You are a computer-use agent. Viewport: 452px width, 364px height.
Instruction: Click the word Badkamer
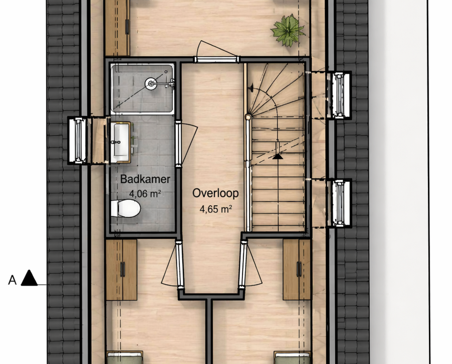click(145, 179)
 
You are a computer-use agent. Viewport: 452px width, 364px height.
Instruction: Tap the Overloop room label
click(215, 193)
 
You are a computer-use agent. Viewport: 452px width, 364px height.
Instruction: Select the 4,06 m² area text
click(145, 194)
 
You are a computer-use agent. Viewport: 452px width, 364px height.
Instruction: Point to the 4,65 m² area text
click(216, 209)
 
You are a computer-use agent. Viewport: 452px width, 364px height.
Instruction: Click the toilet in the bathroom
click(126, 208)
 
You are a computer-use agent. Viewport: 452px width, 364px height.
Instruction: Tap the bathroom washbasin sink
click(121, 142)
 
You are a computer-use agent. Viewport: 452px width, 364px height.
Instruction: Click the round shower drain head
click(150, 83)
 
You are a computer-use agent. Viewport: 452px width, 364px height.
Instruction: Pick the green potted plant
click(288, 31)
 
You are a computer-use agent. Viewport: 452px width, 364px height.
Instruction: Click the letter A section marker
click(12, 280)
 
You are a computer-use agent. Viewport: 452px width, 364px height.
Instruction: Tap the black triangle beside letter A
click(29, 278)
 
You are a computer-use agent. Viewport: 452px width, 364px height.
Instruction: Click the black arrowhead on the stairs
click(278, 156)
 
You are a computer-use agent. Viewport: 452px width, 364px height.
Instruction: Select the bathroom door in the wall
click(179, 144)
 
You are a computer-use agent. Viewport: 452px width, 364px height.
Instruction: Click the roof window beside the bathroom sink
click(78, 140)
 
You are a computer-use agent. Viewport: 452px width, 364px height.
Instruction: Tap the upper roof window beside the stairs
click(339, 96)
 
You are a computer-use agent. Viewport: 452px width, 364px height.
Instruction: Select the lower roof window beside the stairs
click(339, 203)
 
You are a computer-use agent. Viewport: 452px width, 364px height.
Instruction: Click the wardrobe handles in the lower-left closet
click(123, 269)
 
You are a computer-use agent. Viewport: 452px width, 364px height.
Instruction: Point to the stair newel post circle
click(248, 117)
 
